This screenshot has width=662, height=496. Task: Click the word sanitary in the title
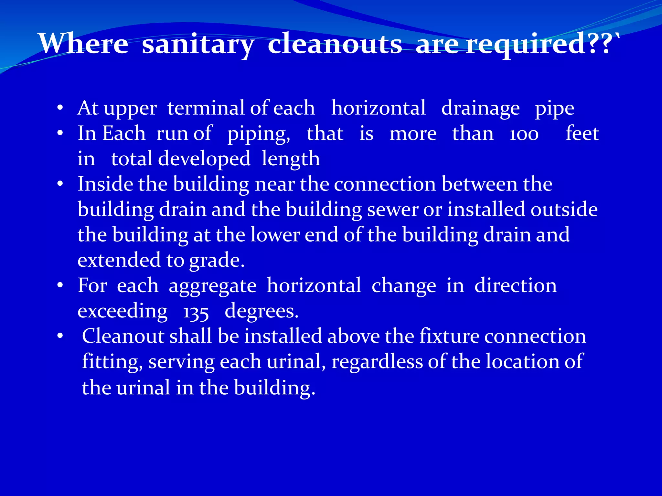coord(198,44)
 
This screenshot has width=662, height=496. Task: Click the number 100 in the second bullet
coord(524,134)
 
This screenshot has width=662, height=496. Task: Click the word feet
coord(582,133)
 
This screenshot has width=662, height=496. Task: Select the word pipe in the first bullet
coord(554,108)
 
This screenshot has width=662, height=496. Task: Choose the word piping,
coord(259,134)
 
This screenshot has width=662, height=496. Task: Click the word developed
coord(204,159)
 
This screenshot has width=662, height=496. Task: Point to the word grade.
coord(216,260)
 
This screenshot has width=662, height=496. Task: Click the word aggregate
coord(212,286)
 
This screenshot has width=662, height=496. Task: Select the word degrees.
coord(261,311)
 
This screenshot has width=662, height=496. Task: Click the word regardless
coord(377,362)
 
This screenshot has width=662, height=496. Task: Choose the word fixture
coord(449,336)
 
